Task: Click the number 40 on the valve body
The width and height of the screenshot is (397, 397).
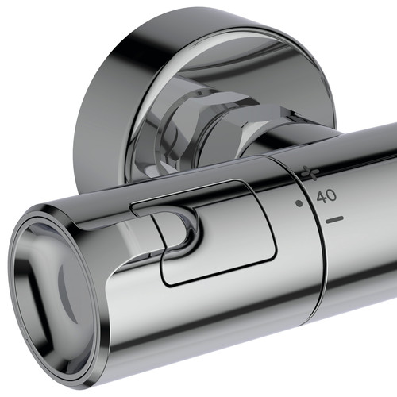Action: (326, 197)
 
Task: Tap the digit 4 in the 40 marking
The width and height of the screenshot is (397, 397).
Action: (322, 198)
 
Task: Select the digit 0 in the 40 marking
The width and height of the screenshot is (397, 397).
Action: (332, 195)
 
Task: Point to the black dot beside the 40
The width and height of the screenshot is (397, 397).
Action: (299, 203)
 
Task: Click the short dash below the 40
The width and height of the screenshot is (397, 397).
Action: (334, 219)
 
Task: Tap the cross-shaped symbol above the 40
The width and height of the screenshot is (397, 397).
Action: (310, 172)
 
